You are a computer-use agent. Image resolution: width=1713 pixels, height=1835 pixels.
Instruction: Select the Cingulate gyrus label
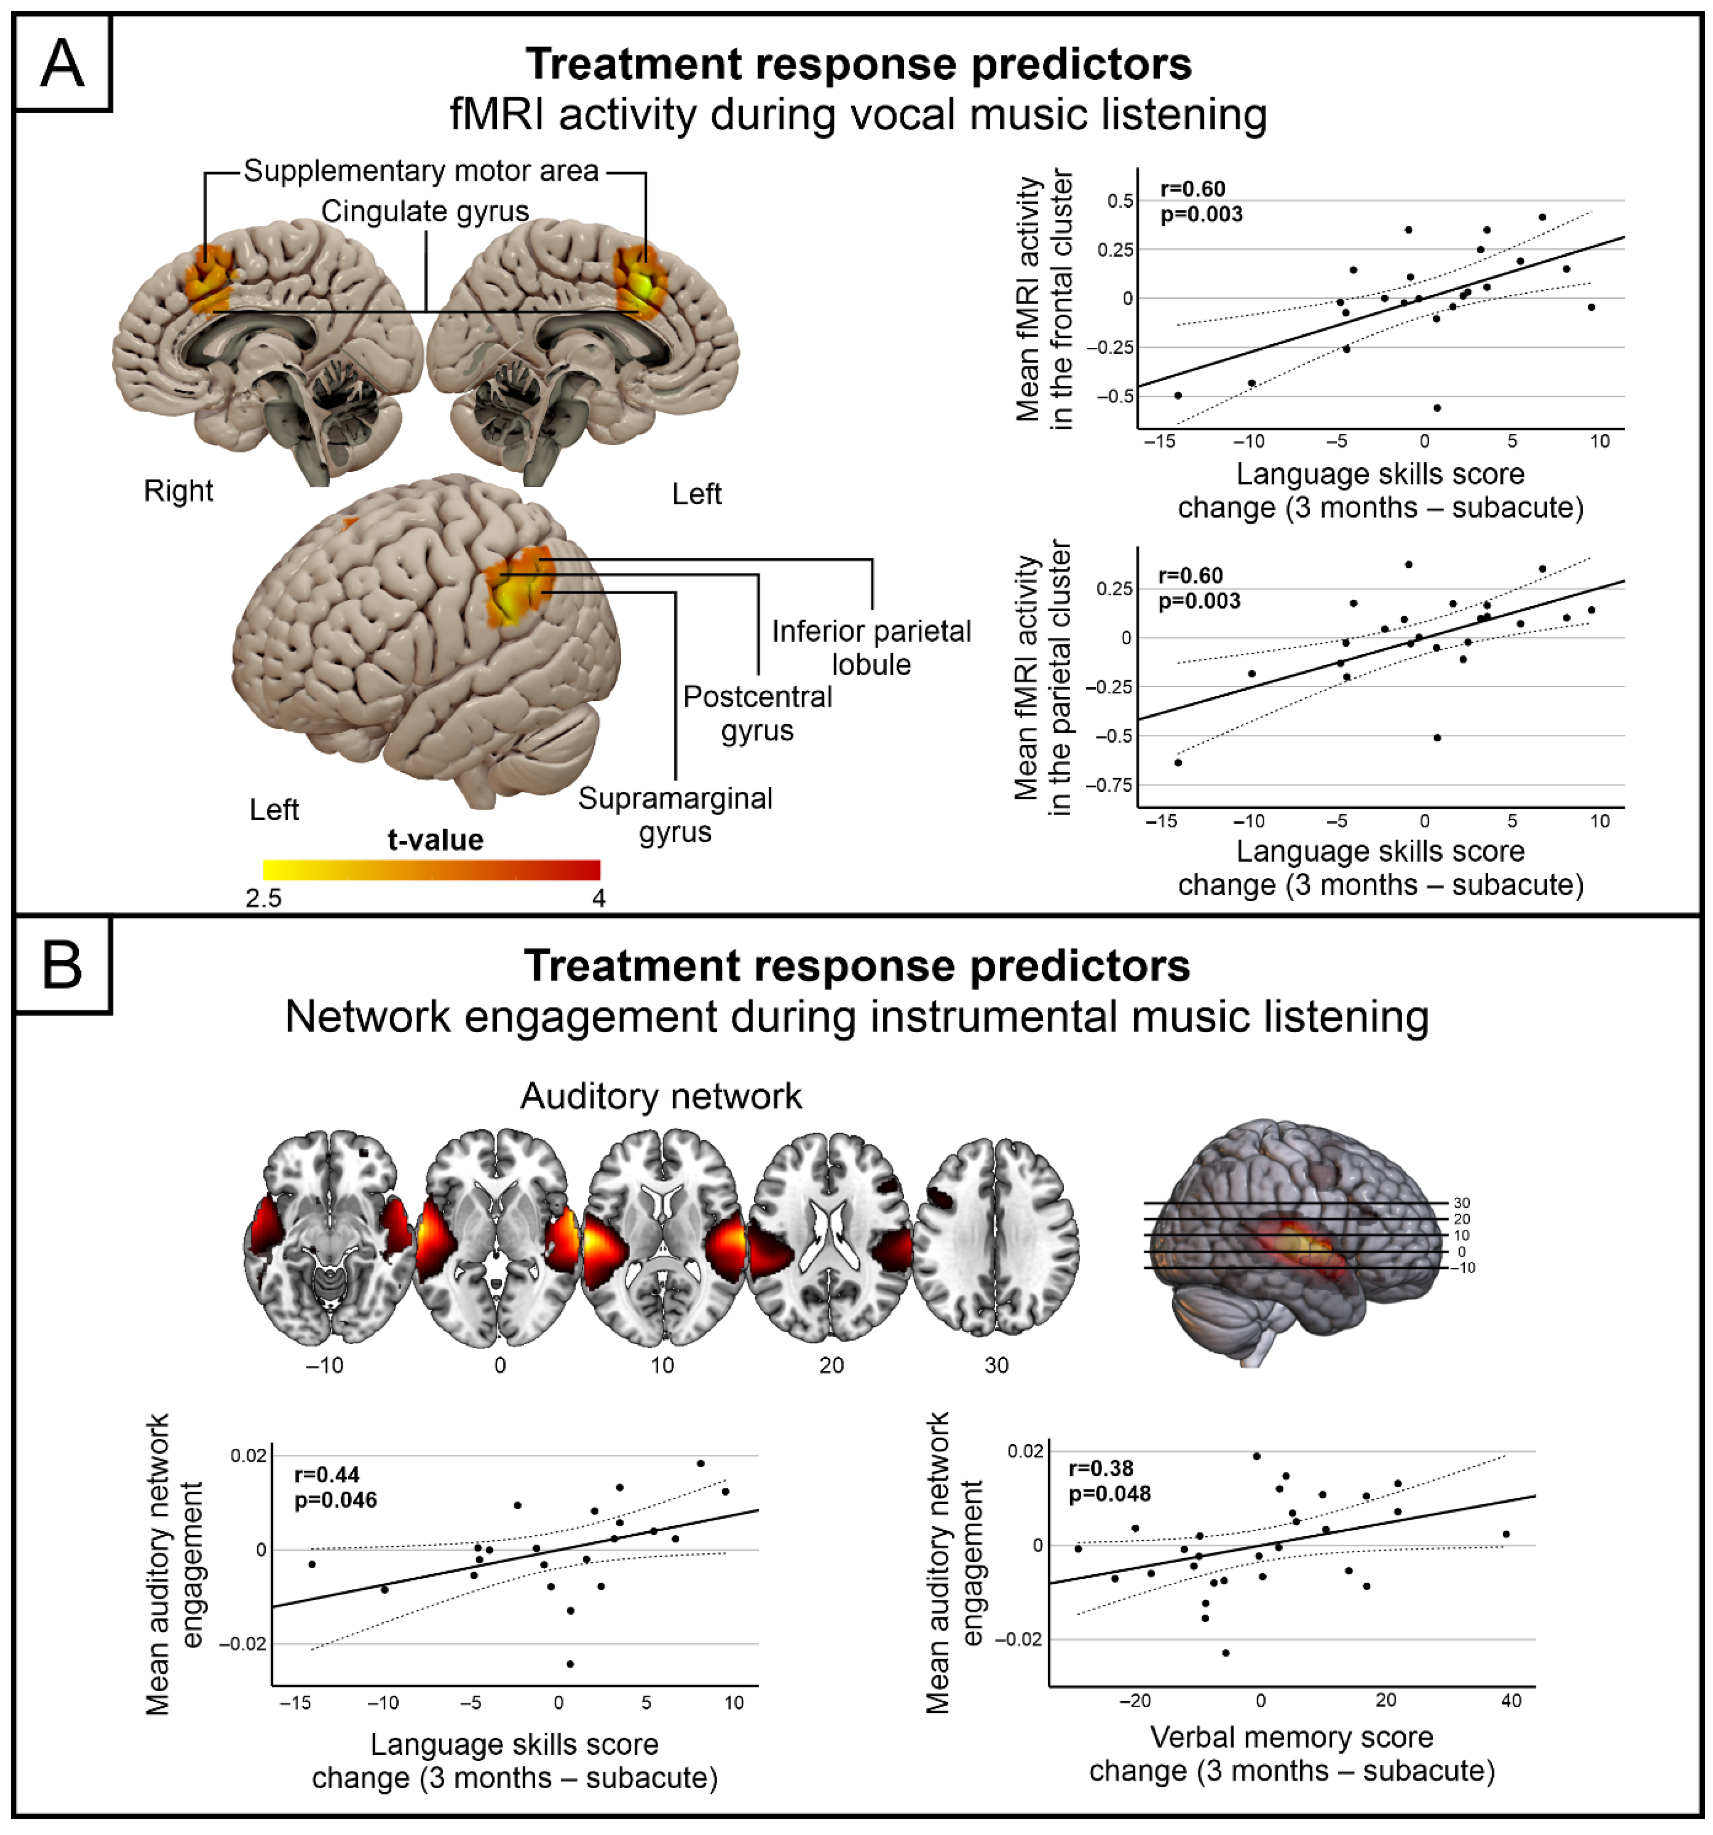(424, 211)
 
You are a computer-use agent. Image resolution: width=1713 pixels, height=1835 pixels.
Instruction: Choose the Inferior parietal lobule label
(871, 647)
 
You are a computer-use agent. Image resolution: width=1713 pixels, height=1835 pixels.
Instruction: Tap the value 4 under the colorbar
(599, 898)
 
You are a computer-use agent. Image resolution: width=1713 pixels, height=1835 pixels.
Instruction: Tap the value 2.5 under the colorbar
(264, 898)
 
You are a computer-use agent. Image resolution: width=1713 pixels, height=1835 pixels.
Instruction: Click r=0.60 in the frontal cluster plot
(1193, 189)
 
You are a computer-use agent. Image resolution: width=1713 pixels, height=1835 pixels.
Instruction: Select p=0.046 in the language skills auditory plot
(336, 1500)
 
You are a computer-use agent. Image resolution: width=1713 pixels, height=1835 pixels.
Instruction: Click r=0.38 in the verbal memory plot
(1100, 1468)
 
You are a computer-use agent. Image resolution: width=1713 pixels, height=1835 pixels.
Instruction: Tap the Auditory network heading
(661, 1096)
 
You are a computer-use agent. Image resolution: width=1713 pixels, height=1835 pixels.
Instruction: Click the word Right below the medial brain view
(178, 491)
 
